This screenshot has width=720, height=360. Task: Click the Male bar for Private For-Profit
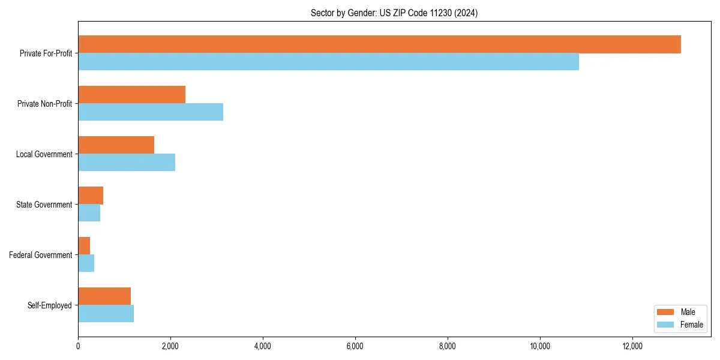tap(379, 44)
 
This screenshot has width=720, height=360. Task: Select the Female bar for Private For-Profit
tap(328, 62)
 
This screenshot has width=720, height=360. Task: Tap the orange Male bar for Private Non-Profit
tap(131, 95)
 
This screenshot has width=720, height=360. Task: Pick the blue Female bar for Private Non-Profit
tap(151, 112)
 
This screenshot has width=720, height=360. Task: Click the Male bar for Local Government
tap(116, 145)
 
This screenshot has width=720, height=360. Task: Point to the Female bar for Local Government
tap(127, 163)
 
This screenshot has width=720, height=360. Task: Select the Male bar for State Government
tap(91, 196)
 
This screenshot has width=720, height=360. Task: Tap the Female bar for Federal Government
tap(86, 263)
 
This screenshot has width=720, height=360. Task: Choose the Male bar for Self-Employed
tap(104, 296)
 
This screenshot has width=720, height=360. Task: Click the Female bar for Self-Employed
tap(106, 314)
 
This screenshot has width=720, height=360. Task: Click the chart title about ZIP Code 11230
tap(394, 13)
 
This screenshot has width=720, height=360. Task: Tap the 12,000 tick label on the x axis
tap(632, 346)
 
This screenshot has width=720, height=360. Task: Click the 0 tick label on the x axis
tap(78, 346)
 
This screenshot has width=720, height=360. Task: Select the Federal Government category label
tap(41, 255)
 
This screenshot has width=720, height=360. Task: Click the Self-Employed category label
tap(50, 305)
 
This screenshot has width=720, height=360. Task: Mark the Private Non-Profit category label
tap(44, 104)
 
